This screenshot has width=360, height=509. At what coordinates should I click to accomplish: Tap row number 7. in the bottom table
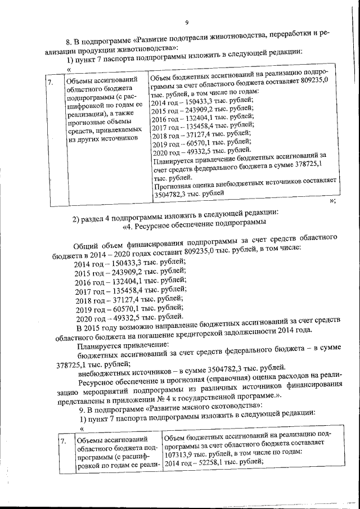pyautogui.click(x=64, y=442)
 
